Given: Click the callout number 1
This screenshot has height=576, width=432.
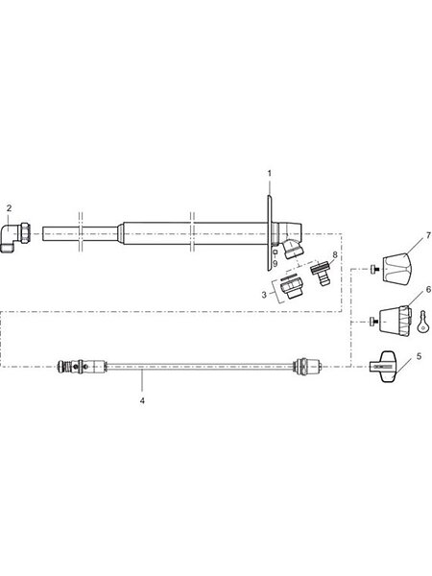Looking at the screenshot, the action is (270, 173).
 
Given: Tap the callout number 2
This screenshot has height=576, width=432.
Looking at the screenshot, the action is (10, 208).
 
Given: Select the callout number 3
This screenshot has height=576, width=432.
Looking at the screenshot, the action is (264, 295).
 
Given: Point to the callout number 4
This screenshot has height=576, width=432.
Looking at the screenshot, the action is (142, 400).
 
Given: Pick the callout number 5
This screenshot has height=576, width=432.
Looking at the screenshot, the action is (420, 356).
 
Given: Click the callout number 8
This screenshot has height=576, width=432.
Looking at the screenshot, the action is (334, 254).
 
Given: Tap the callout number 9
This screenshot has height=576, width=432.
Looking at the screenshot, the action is (276, 263).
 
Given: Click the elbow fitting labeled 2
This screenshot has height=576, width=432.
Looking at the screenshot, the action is (15, 237).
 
